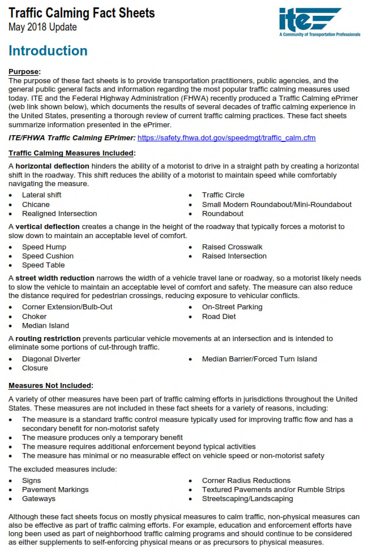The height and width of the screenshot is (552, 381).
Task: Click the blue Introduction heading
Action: (48, 51)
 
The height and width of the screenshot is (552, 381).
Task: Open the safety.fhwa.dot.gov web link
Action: (226, 138)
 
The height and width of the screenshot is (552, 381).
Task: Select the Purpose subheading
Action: (24, 72)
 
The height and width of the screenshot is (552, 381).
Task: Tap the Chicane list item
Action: (36, 204)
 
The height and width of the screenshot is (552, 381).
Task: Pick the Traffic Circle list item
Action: (223, 195)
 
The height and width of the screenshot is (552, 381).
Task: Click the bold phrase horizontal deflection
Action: (52, 166)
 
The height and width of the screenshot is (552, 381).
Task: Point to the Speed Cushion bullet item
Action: (48, 256)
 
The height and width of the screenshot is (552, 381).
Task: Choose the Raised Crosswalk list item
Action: (232, 247)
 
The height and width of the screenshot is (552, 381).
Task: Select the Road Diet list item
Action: (219, 317)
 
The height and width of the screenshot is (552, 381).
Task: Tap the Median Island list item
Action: (45, 326)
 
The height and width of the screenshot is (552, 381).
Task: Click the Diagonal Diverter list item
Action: (51, 359)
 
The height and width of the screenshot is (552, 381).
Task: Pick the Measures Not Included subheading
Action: (50, 386)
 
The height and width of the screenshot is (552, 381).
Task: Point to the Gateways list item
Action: (38, 499)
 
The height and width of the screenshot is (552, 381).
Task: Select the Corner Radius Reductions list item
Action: (246, 481)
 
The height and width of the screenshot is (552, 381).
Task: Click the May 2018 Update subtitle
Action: (42, 27)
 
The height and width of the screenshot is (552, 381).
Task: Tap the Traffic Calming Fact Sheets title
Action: (82, 13)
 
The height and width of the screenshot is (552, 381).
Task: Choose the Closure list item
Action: (35, 368)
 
